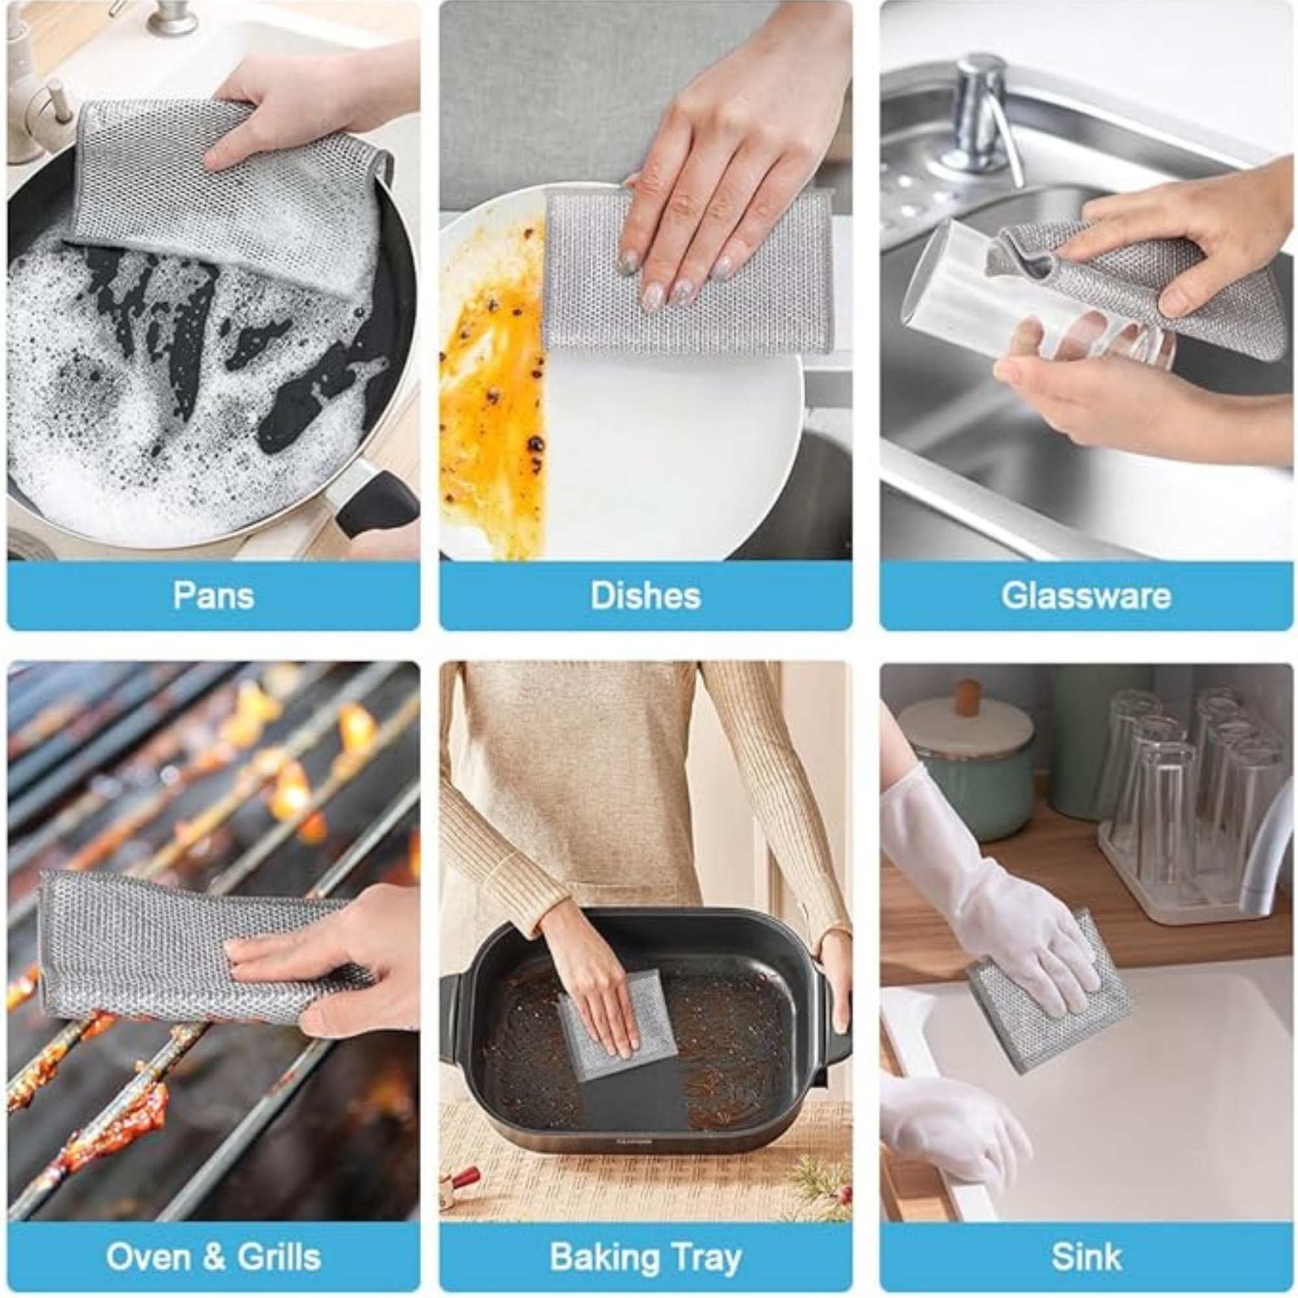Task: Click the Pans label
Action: click(214, 595)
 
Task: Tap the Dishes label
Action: click(645, 595)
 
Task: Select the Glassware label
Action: click(1086, 595)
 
